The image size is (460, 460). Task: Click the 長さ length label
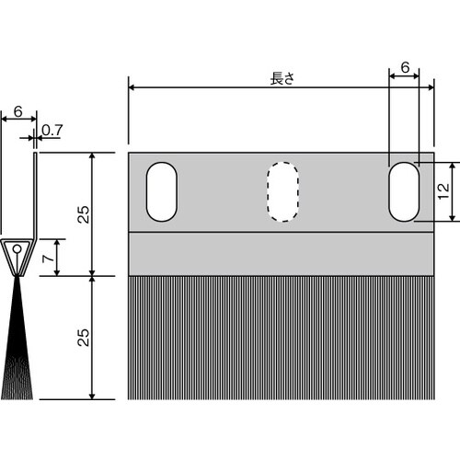tap(282, 78)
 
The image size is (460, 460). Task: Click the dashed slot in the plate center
tap(282, 191)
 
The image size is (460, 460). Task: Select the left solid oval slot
tap(162, 191)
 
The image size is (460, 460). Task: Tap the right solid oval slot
tap(404, 191)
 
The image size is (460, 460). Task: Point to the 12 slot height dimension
tap(443, 191)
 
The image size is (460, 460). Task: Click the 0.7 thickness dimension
tap(52, 131)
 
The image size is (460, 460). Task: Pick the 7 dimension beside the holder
tap(49, 259)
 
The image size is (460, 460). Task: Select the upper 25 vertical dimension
tap(83, 214)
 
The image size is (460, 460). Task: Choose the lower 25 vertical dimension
tap(83, 338)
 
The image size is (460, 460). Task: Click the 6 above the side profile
tap(18, 111)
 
